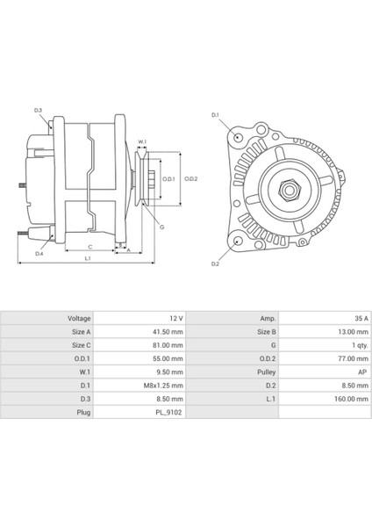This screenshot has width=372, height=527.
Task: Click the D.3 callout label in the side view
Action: [x=39, y=111]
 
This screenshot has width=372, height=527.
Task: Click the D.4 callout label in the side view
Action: [x=39, y=253]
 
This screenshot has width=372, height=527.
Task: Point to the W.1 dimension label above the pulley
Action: [x=142, y=141]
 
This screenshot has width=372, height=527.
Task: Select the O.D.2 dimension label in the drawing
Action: [x=191, y=178]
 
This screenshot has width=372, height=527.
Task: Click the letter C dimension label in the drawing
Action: [x=89, y=247]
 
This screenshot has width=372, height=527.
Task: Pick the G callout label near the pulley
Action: [x=162, y=227]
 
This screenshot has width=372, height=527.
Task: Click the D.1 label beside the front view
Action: [x=216, y=116]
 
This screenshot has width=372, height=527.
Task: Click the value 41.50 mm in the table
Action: [x=166, y=332]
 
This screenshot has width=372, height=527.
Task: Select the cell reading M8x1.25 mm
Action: [x=164, y=385]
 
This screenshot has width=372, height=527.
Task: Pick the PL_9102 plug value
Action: [x=168, y=411]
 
